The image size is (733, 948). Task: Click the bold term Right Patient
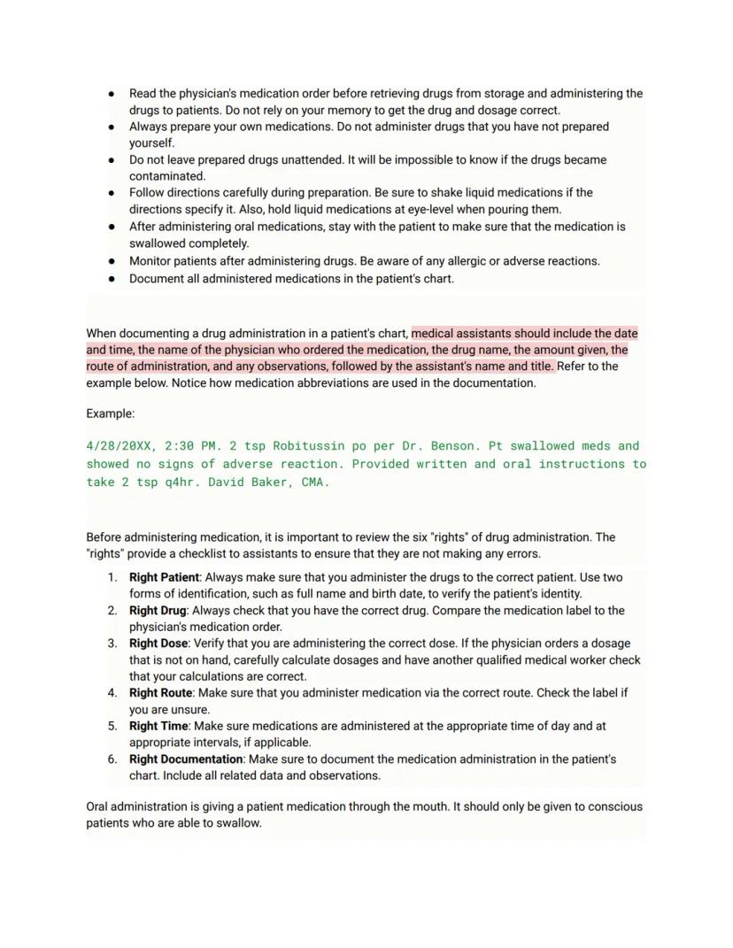coord(164,577)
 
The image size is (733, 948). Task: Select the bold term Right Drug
coord(157,611)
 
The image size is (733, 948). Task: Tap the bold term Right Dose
coord(158,644)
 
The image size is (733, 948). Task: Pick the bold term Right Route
coord(160,693)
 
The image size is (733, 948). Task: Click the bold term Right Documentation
coord(185,759)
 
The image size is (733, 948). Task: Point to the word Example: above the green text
coord(111,413)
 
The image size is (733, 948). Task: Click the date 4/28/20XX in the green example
coord(118,446)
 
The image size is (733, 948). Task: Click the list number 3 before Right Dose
coord(112,644)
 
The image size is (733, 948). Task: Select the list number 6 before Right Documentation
coord(112,759)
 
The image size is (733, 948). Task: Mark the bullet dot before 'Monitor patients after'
coord(112,261)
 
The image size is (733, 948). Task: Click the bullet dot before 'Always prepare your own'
coord(112,127)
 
